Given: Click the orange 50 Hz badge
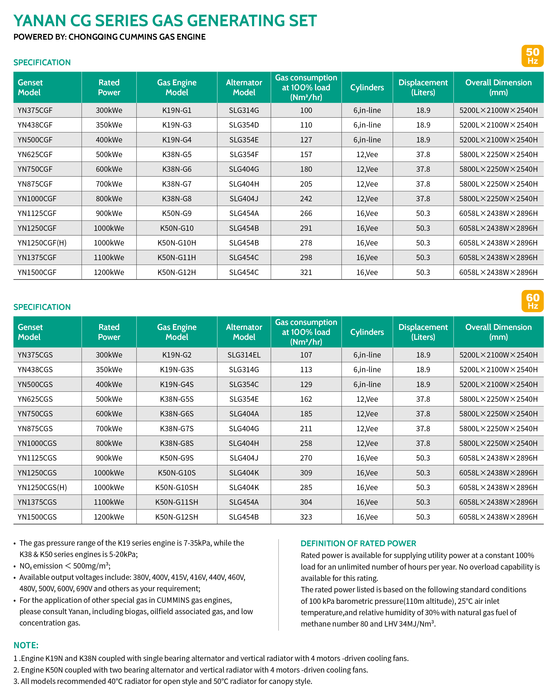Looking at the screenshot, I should [x=532, y=56].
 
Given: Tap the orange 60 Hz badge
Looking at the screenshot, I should [x=532, y=301].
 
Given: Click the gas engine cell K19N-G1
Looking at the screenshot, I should [x=177, y=110].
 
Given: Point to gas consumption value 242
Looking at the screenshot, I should [x=306, y=199].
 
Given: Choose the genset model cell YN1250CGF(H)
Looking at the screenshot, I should [x=42, y=243].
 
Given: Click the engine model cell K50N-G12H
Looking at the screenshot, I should [x=177, y=272].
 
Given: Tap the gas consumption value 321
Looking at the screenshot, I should [x=306, y=272].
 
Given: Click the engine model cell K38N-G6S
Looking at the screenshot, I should [x=177, y=414].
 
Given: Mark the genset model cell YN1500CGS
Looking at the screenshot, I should [x=37, y=517].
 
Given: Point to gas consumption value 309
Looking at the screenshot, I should [x=306, y=473].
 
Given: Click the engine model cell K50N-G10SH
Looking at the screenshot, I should [x=177, y=488].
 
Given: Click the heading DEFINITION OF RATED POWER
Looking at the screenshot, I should [x=358, y=544].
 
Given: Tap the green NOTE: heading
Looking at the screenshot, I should [x=26, y=646].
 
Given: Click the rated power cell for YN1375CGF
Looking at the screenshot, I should [x=109, y=258].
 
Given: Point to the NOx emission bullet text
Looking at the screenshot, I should [x=65, y=566].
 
